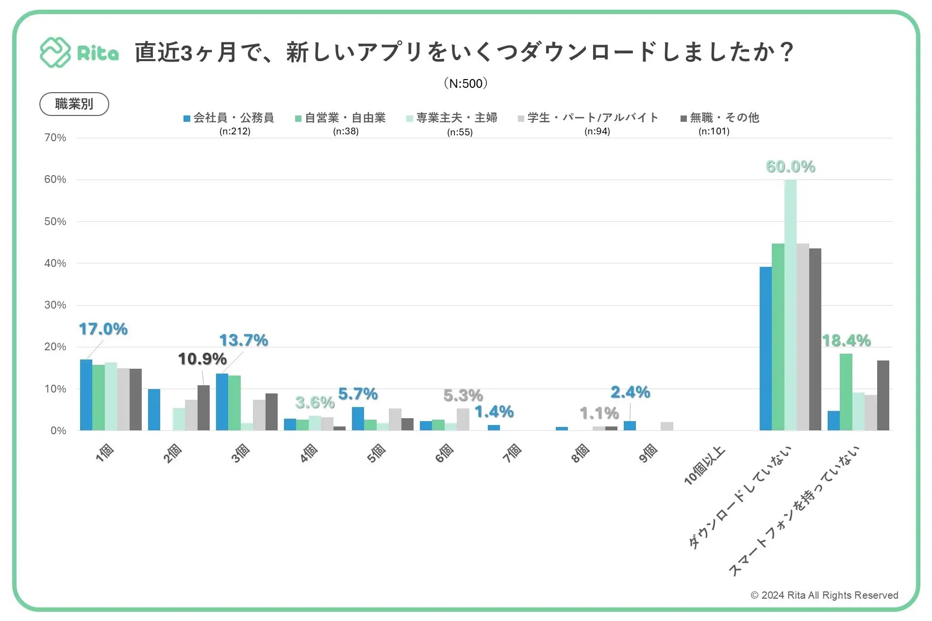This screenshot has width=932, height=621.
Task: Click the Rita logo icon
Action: [x=55, y=52]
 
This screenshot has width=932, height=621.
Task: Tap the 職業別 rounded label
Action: [x=74, y=104]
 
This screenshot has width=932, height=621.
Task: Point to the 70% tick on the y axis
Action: [x=55, y=138]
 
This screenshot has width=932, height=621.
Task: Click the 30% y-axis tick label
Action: [x=55, y=305]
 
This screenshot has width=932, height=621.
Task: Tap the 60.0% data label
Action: [x=790, y=166]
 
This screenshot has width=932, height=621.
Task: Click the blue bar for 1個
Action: [x=86, y=395]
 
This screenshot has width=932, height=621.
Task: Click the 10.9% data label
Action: [x=202, y=359]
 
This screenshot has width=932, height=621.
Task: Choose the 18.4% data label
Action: [x=846, y=341]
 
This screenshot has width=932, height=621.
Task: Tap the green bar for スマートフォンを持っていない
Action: [x=846, y=392]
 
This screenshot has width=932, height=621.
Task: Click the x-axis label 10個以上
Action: [x=704, y=466]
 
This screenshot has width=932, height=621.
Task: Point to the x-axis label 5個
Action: [x=376, y=454]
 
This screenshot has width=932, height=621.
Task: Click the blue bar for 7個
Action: [x=494, y=427]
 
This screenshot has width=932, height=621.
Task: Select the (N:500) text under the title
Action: [x=466, y=83]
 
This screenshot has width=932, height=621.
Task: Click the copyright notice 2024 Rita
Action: [x=824, y=595]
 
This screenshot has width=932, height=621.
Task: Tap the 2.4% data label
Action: [x=630, y=392]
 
